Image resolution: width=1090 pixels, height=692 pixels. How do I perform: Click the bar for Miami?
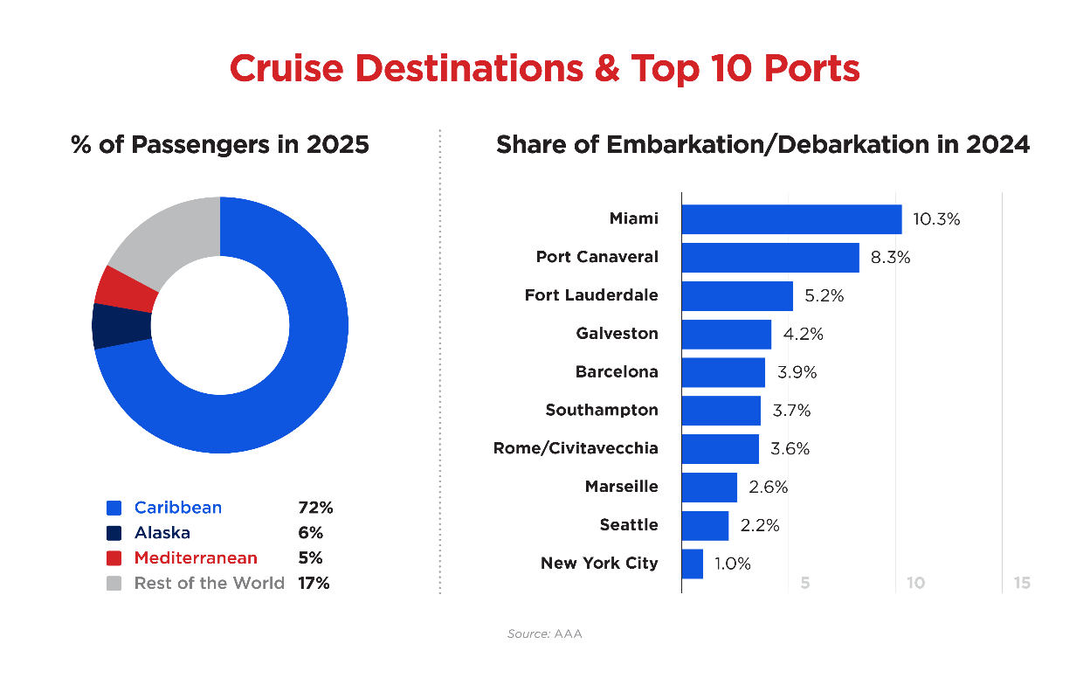pyautogui.click(x=791, y=219)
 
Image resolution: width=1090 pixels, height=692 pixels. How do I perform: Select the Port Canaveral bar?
pyautogui.click(x=769, y=258)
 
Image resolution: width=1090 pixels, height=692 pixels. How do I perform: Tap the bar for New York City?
pyautogui.click(x=692, y=564)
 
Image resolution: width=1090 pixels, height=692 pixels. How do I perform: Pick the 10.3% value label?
pyautogui.click(x=936, y=219)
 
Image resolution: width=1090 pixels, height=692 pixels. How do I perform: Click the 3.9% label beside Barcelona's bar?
pyautogui.click(x=797, y=372)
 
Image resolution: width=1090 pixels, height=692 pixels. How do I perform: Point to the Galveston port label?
pyautogui.click(x=617, y=334)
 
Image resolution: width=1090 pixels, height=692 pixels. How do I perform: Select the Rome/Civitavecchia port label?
pyautogui.click(x=576, y=448)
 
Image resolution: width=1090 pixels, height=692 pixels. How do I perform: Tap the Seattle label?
pyautogui.click(x=629, y=525)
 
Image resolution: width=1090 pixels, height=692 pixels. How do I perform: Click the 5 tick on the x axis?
pyautogui.click(x=804, y=583)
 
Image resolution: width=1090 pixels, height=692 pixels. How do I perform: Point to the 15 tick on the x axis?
pyautogui.click(x=1021, y=583)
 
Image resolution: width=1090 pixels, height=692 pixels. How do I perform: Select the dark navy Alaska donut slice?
pyautogui.click(x=120, y=326)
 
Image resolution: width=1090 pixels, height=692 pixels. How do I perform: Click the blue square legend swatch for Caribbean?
pyautogui.click(x=114, y=508)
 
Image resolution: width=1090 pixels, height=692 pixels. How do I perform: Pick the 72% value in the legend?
pyautogui.click(x=315, y=508)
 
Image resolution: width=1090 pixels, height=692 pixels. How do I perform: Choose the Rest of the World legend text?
pyautogui.click(x=209, y=583)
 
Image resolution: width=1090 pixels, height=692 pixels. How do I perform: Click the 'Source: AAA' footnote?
pyautogui.click(x=544, y=633)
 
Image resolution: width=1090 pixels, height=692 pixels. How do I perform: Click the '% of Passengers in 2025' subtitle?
pyautogui.click(x=220, y=144)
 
